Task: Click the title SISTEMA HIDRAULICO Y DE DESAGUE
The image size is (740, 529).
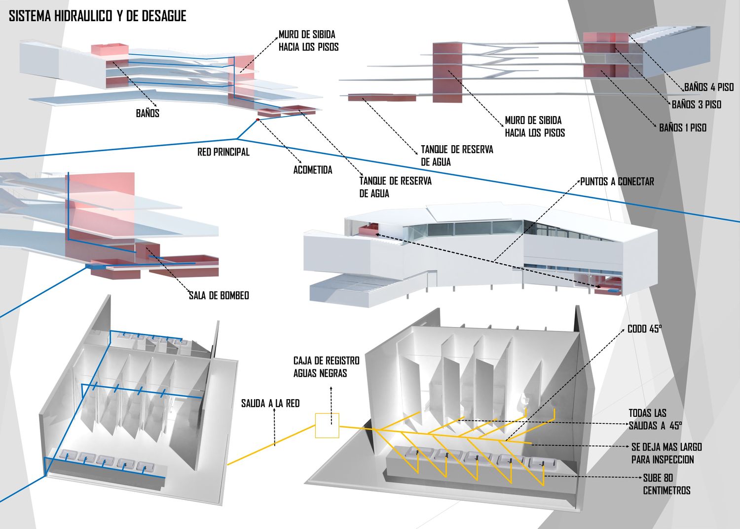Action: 98,16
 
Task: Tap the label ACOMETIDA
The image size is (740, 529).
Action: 312,170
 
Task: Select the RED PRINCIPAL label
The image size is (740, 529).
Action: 223,152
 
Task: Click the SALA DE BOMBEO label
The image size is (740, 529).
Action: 219,295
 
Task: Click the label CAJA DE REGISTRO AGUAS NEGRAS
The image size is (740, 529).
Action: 326,367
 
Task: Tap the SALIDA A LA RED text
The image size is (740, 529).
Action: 270,404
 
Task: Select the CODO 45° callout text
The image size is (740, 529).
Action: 644,329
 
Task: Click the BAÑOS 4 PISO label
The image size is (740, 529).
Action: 708,87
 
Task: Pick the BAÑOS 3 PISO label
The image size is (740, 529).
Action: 697,105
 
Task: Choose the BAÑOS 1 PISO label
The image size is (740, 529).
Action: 683,128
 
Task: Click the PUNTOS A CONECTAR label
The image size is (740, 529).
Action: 617,182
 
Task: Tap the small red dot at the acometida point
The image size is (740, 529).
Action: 258,120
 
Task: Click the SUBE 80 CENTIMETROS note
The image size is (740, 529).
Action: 666,484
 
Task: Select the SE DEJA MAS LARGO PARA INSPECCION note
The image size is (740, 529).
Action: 666,453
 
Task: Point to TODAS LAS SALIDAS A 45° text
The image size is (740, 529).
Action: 655,419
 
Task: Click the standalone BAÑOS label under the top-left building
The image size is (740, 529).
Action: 148,113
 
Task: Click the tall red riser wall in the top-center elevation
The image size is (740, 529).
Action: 447,72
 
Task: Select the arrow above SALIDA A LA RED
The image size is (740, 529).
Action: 274,427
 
